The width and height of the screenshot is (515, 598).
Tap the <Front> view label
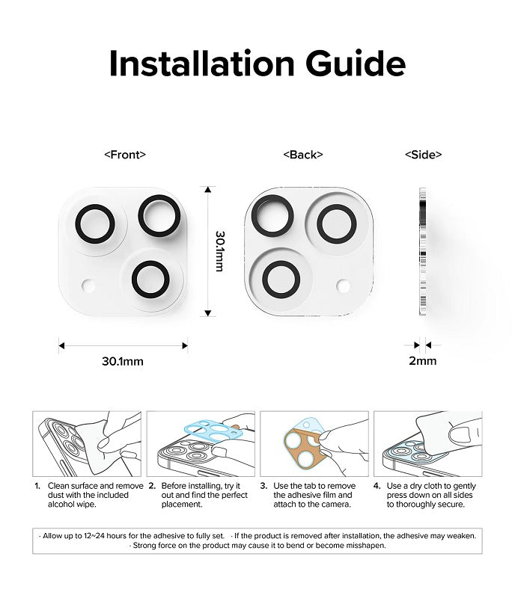[124, 155]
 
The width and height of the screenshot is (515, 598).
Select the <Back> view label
[303, 155]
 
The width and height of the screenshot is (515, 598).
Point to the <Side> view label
[423, 155]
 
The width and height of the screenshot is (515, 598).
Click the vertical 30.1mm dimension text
[220, 250]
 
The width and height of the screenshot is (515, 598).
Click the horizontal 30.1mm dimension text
[123, 361]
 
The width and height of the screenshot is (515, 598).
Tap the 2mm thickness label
[422, 361]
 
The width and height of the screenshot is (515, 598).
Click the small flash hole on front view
[88, 286]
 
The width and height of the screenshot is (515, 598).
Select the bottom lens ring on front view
[150, 279]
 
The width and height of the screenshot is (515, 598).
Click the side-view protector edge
[422, 250]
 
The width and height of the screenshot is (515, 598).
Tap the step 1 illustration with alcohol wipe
[88, 444]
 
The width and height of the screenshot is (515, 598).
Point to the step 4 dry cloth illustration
[427, 444]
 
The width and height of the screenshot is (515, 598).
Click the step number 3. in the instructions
[263, 486]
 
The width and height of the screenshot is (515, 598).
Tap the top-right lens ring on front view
[159, 215]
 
